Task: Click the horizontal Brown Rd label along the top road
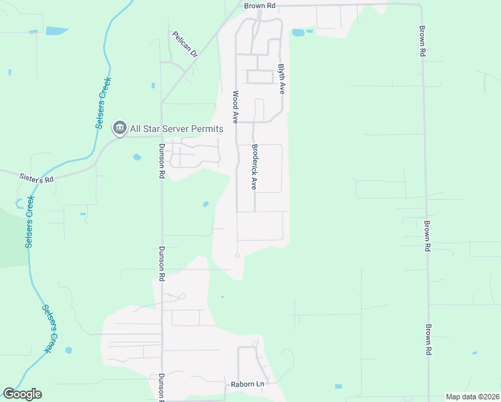pyautogui.click(x=260, y=5)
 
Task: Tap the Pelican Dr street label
pyautogui.click(x=185, y=44)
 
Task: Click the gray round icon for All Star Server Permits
pyautogui.click(x=120, y=127)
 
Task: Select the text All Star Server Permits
pyautogui.click(x=177, y=128)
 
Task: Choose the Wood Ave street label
pyautogui.click(x=236, y=107)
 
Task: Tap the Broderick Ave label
pyautogui.click(x=255, y=167)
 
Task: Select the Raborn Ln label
pyautogui.click(x=248, y=384)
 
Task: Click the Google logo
pyautogui.click(x=22, y=394)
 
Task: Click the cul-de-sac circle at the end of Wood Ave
pyautogui.click(x=237, y=255)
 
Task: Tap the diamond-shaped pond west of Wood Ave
pyautogui.click(x=206, y=204)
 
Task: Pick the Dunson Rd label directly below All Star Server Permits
pyautogui.click(x=161, y=161)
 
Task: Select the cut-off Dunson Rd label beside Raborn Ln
pyautogui.click(x=161, y=387)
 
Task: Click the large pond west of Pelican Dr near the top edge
pyautogui.click(x=57, y=31)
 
